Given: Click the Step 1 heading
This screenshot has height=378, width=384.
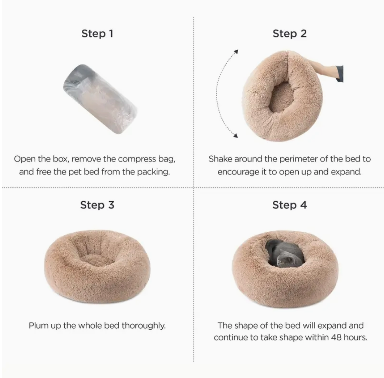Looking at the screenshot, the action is [x=97, y=34].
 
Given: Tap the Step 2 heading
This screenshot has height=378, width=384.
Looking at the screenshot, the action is [x=290, y=34].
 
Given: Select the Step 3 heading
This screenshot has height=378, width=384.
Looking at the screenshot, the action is [x=97, y=205].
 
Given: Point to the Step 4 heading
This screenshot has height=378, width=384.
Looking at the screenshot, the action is [x=290, y=205].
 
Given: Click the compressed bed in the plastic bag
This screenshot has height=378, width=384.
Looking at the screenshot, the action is [x=100, y=99].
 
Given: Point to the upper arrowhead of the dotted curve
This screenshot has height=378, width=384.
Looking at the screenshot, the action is [x=236, y=51].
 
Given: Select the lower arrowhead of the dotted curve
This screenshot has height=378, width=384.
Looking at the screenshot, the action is [x=235, y=135].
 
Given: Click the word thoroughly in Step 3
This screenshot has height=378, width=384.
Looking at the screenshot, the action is [x=143, y=325].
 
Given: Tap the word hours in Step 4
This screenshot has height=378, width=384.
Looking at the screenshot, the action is [x=355, y=337].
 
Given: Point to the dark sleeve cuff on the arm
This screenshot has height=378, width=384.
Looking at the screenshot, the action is [x=340, y=74].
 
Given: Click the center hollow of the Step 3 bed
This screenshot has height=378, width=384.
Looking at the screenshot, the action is [x=97, y=257].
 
